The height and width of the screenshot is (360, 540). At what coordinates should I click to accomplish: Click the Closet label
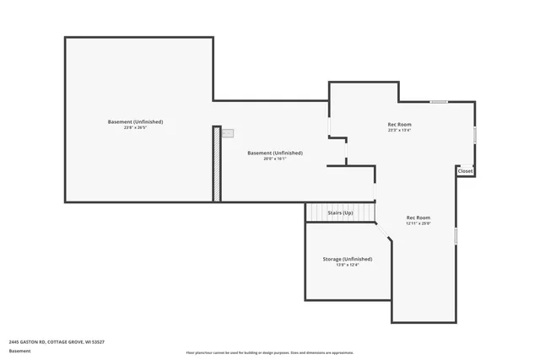pyautogui.click(x=465, y=171)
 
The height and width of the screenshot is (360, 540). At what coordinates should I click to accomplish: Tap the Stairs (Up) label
pyautogui.click(x=340, y=213)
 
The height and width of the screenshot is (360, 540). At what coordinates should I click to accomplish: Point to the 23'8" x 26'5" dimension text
pyautogui.click(x=135, y=128)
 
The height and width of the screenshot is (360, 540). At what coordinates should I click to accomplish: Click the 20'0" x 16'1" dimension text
pyautogui.click(x=274, y=159)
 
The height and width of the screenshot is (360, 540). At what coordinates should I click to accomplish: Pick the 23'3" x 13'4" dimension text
pyautogui.click(x=399, y=131)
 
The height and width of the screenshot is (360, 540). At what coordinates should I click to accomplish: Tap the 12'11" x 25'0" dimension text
pyautogui.click(x=418, y=223)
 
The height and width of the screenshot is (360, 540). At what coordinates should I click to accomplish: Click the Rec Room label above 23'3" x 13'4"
pyautogui.click(x=399, y=124)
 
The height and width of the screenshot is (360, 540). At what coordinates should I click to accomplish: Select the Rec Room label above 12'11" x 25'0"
pyautogui.click(x=418, y=218)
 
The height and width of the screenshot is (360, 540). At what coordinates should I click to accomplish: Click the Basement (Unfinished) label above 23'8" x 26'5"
pyautogui.click(x=135, y=121)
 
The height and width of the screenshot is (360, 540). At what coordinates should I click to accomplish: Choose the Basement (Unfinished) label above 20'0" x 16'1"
pyautogui.click(x=274, y=153)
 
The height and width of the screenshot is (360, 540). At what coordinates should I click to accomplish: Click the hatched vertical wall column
pyautogui.click(x=217, y=164)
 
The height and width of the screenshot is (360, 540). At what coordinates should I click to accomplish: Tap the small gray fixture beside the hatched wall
pyautogui.click(x=228, y=133)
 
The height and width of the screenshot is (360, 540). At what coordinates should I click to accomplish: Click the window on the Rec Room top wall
pyautogui.click(x=439, y=102)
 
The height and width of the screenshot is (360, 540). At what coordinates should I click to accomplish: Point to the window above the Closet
pyautogui.click(x=475, y=135)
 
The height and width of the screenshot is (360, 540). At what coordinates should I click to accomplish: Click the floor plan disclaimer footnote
pyautogui.click(x=269, y=352)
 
